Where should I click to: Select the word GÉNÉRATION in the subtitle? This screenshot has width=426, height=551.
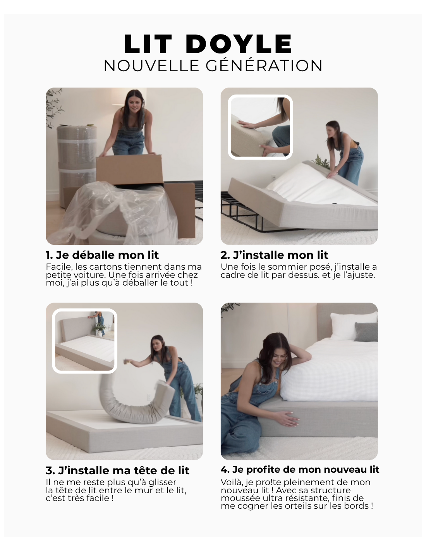(x=264, y=65)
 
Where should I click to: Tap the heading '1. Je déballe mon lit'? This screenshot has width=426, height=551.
(x=102, y=255)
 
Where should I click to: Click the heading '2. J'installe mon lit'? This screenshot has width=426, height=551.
(x=274, y=255)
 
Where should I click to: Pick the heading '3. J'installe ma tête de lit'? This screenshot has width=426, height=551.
(x=117, y=471)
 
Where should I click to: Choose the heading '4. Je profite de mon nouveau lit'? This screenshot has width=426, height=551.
(x=300, y=470)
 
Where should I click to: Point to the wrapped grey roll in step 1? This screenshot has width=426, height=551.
(x=76, y=162)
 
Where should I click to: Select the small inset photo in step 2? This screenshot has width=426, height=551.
(x=260, y=127)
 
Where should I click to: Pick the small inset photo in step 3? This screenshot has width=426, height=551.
(x=85, y=341)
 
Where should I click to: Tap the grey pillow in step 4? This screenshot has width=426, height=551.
(x=366, y=332)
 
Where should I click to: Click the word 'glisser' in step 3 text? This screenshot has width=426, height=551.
(x=162, y=482)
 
